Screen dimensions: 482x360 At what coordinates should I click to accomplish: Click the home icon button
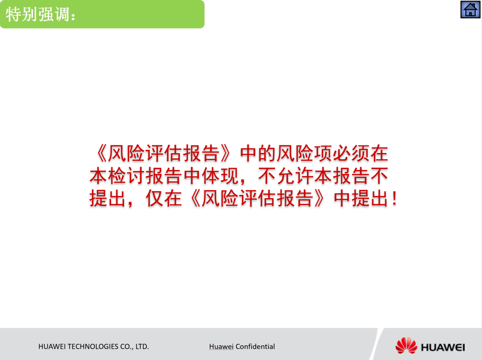[470, 9]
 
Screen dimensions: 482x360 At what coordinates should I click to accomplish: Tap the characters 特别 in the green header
[22, 14]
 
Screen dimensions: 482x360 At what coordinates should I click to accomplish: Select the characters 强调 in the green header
[54, 14]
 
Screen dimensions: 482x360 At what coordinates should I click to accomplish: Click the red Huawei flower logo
[406, 346]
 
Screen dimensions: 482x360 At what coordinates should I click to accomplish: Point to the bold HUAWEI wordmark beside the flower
[443, 348]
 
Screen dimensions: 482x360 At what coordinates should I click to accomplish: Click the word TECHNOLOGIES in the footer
[93, 347]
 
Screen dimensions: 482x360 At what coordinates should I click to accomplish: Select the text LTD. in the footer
[142, 347]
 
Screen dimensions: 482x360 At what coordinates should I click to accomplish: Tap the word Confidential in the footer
[255, 347]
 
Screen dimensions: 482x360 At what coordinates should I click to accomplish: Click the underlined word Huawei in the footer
[221, 347]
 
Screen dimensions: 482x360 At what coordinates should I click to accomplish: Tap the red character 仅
[154, 199]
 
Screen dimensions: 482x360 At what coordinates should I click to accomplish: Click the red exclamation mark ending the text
[395, 199]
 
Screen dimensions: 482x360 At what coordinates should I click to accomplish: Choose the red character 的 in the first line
[267, 153]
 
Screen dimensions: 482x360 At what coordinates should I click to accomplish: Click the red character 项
[323, 153]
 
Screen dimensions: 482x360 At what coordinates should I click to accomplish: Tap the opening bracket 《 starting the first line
[101, 153]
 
